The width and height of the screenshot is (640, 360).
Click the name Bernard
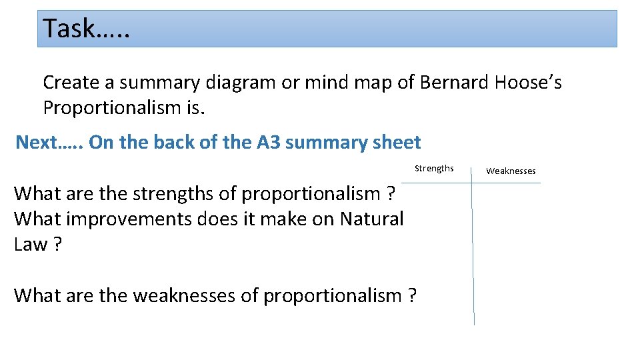[453, 83]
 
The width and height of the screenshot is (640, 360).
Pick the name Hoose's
[529, 83]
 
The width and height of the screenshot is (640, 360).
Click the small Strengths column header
[434, 168]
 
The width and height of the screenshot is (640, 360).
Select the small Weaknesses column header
[511, 171]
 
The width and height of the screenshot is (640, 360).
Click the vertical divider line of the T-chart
[473, 253]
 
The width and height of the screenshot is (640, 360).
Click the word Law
[30, 244]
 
